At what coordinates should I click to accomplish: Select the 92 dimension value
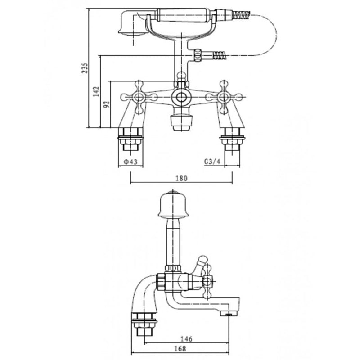coord(107,104)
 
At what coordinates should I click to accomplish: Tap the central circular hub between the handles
coord(181,96)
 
